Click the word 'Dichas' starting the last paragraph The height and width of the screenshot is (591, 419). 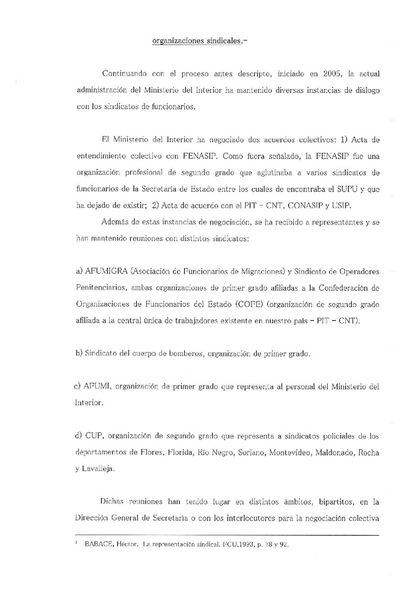pos(114,501)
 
